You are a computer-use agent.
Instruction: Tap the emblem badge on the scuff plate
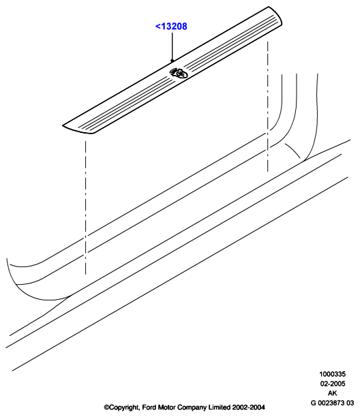[179, 73]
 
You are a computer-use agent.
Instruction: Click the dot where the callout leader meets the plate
[172, 61]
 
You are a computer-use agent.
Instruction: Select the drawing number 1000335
[332, 374]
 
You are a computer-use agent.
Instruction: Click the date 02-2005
[332, 384]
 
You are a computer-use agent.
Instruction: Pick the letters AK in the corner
[332, 393]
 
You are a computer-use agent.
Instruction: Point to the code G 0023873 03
[332, 403]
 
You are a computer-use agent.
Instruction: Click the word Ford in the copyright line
[149, 407]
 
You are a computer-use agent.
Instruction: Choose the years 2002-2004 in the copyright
[248, 407]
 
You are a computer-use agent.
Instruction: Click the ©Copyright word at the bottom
[121, 408]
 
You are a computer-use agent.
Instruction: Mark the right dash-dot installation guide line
[268, 106]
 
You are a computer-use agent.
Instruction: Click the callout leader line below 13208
[172, 46]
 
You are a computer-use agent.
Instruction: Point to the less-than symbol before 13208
[157, 27]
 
